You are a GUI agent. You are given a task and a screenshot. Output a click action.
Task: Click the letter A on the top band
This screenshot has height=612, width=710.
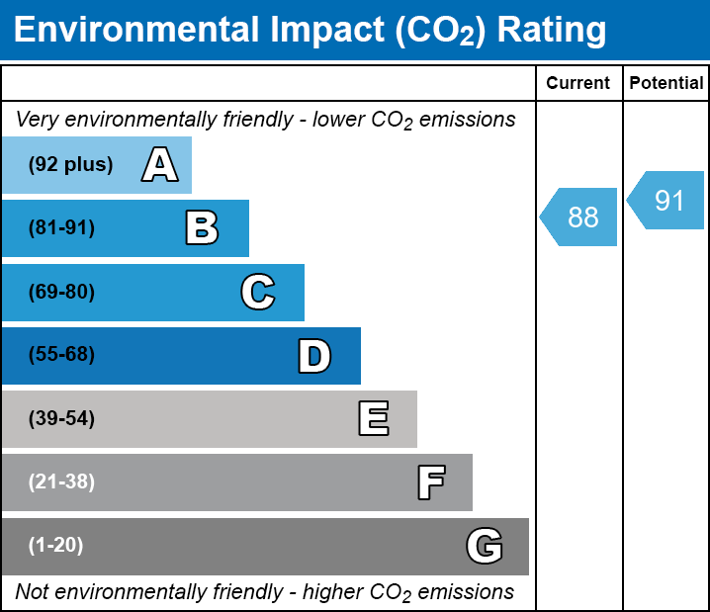click(160, 165)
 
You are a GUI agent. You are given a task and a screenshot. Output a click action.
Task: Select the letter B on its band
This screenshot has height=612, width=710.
click(202, 228)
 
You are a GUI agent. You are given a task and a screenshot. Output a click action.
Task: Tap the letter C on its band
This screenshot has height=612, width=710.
click(258, 292)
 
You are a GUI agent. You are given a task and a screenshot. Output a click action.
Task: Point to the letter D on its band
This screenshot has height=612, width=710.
click(314, 355)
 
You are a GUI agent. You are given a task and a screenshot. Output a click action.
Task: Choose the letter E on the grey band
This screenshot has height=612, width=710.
click(373, 418)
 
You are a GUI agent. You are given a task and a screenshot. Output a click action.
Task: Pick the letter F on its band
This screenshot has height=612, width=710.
click(430, 482)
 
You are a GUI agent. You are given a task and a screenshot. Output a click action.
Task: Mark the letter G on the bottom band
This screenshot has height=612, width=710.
click(485, 546)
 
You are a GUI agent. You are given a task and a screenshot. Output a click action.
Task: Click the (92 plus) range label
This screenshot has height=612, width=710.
click(70, 165)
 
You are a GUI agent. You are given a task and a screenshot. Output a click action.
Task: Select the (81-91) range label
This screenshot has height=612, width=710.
click(61, 228)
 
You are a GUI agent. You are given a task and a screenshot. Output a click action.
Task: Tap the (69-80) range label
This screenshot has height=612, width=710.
click(61, 292)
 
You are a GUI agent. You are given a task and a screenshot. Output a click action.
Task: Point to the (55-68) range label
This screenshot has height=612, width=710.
click(61, 355)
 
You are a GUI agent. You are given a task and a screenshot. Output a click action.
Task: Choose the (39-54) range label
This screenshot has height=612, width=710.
click(61, 418)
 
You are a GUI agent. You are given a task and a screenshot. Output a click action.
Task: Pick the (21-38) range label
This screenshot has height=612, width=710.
click(61, 482)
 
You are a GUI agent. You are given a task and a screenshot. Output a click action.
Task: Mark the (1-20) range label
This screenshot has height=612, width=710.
click(56, 546)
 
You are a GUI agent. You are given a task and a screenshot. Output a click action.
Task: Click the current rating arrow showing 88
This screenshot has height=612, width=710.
click(580, 217)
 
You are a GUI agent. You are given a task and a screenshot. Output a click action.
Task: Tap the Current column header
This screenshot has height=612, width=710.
click(578, 84)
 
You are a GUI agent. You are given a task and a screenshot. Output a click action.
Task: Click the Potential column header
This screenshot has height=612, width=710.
click(666, 84)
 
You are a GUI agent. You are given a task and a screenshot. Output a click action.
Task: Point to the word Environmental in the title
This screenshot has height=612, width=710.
click(135, 31)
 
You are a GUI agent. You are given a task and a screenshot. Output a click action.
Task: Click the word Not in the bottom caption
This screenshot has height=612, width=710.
click(32, 592)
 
